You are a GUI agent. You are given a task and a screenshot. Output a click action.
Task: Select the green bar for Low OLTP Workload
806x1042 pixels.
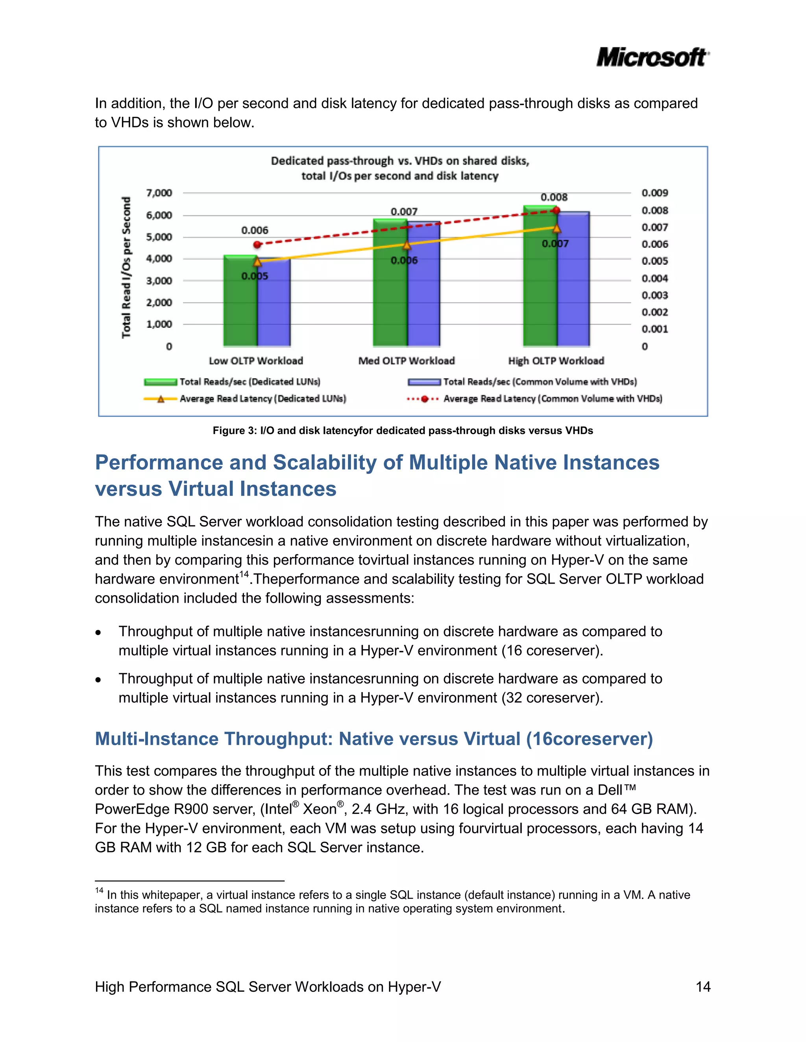click(240, 306)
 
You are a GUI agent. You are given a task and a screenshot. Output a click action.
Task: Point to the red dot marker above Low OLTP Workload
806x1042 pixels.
click(257, 244)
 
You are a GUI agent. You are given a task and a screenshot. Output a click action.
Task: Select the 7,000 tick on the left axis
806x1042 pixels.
click(159, 193)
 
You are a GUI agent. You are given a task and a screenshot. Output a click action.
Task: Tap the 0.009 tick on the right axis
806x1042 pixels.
click(654, 193)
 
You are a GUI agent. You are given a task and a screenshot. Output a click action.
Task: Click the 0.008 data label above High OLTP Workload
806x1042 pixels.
click(554, 197)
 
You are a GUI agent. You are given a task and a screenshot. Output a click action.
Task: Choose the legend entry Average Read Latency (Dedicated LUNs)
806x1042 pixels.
click(262, 398)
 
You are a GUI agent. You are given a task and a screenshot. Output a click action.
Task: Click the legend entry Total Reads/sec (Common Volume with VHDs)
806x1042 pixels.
click(540, 382)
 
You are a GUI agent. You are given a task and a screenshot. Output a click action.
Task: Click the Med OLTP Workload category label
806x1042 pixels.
click(406, 361)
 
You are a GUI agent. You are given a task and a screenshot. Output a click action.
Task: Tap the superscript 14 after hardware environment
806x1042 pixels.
click(244, 574)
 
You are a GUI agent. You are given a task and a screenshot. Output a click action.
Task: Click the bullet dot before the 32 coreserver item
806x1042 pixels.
click(98, 680)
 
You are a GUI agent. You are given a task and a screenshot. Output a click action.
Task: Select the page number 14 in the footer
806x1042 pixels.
click(703, 987)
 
